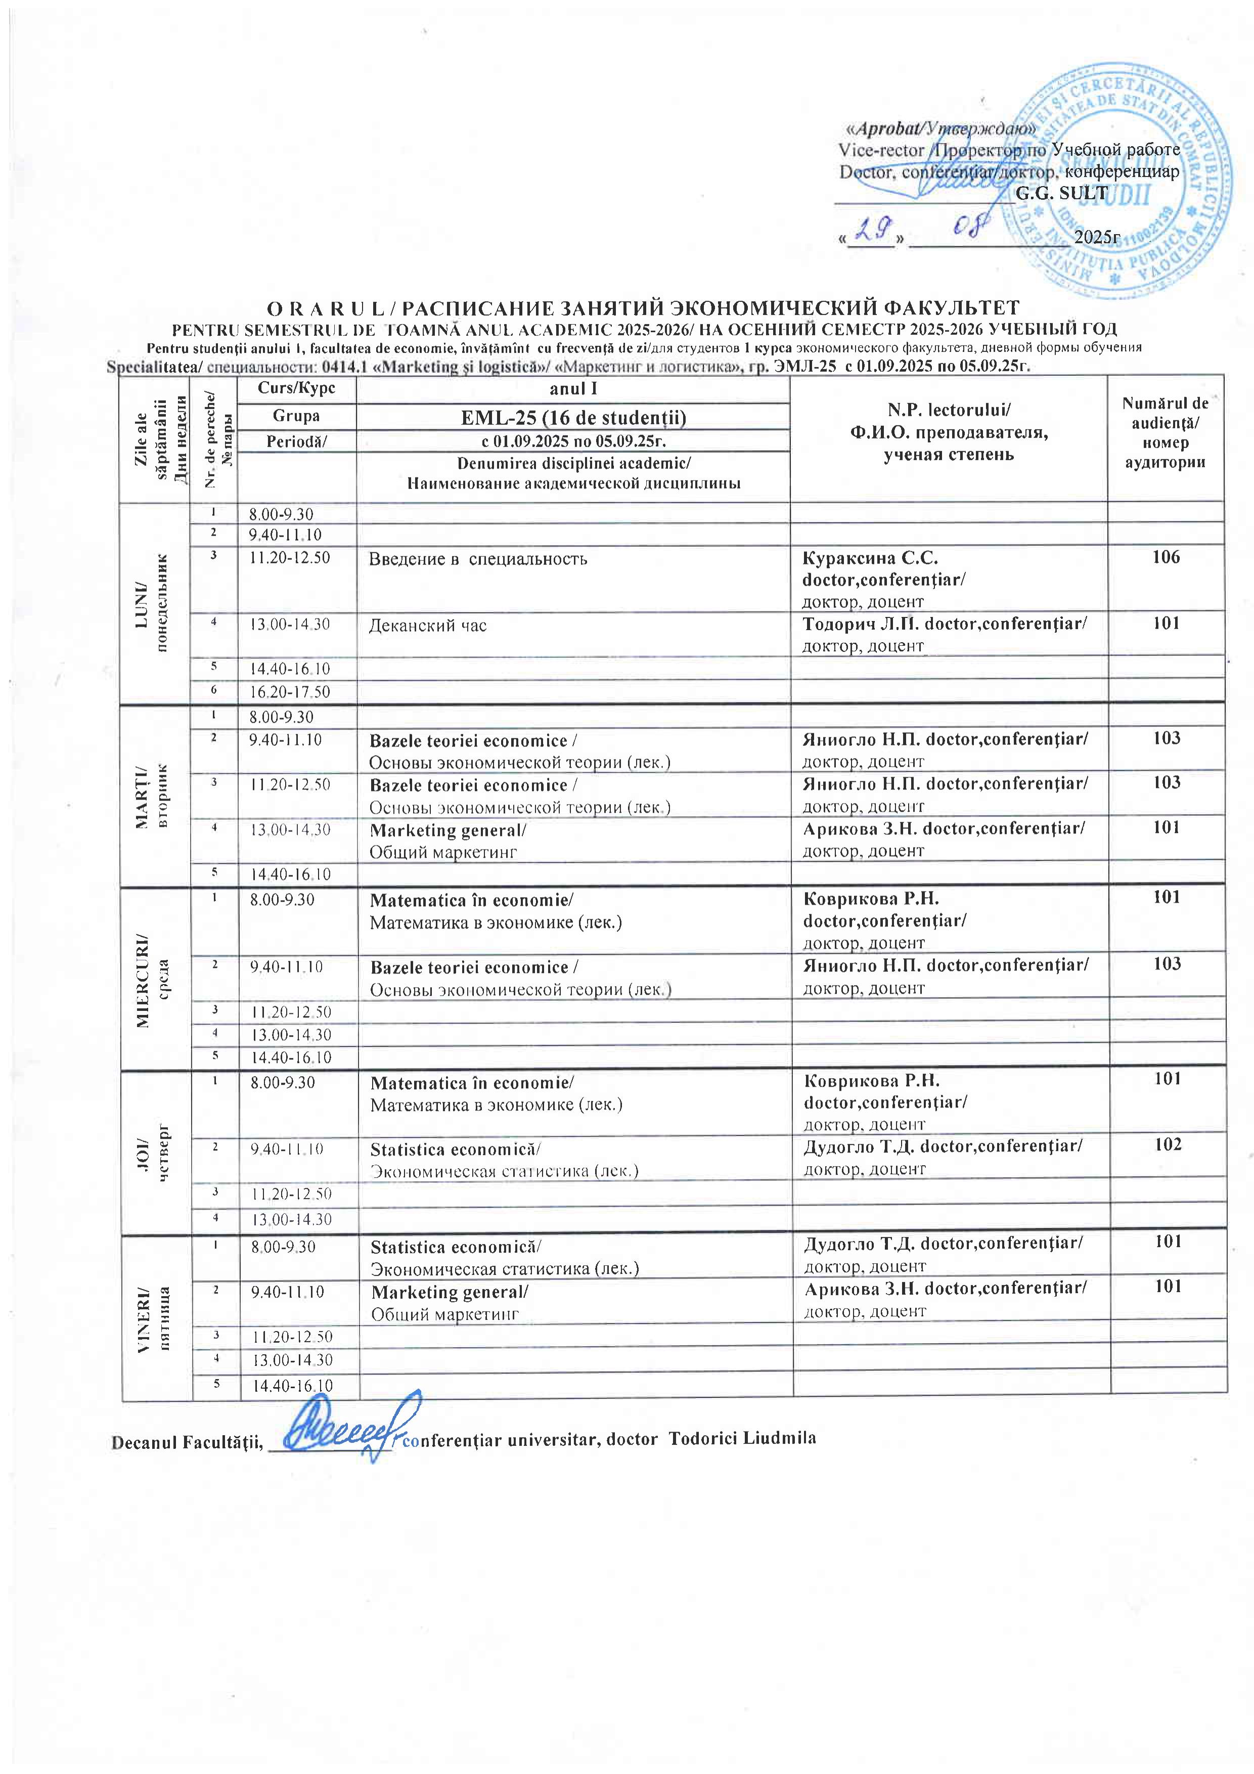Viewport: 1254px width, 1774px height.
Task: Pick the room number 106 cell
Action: coord(1165,557)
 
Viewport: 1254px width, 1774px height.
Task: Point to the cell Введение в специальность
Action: coord(477,559)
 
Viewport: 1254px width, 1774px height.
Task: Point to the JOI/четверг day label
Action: coord(155,1153)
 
